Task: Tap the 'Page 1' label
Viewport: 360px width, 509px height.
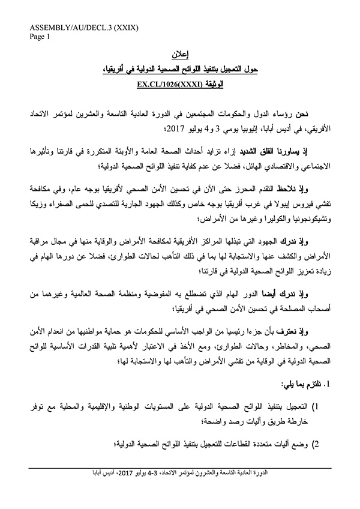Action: coord(39,36)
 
